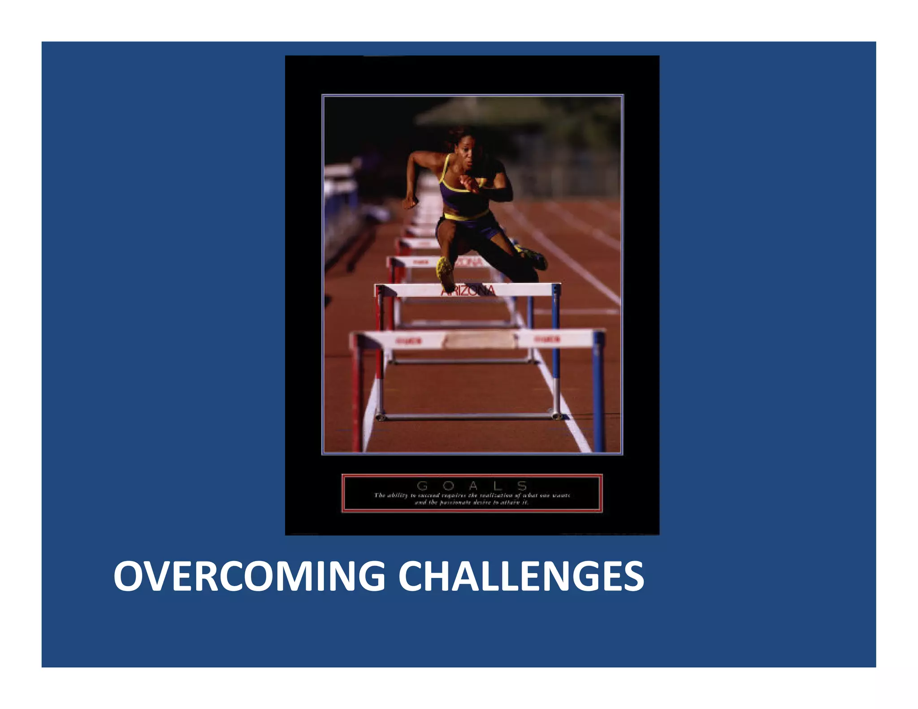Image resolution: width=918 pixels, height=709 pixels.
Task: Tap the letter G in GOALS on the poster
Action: (x=422, y=486)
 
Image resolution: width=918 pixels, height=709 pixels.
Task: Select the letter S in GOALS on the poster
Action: (x=522, y=486)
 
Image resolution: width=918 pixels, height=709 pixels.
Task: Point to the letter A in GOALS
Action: (x=473, y=486)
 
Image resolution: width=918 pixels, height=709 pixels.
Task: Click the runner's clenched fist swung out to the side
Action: (x=409, y=203)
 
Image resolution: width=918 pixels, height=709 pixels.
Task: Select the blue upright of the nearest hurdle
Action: (x=598, y=394)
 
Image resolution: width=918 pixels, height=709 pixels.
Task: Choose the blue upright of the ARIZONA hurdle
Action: (x=556, y=341)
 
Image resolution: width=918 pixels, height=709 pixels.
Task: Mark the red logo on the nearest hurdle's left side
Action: (x=408, y=342)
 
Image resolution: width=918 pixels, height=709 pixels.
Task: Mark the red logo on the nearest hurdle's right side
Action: (x=547, y=340)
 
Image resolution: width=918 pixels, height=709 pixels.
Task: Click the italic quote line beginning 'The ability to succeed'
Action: (x=472, y=495)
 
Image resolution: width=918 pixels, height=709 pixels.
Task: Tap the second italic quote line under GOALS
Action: (x=472, y=502)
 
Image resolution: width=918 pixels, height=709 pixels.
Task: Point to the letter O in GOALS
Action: (x=448, y=486)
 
